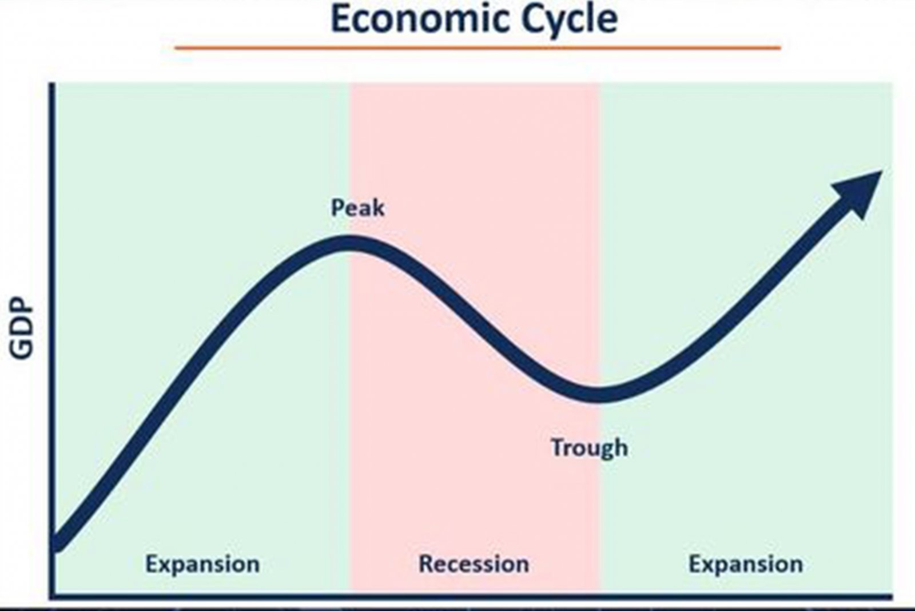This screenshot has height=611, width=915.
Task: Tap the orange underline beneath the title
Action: click(x=478, y=48)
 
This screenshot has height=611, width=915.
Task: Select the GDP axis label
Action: click(x=21, y=329)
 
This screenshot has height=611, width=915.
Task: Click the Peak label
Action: click(x=357, y=208)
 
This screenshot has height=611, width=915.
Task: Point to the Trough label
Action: click(x=589, y=448)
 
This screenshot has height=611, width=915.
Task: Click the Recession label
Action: click(x=474, y=564)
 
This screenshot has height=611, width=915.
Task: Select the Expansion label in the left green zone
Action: click(x=202, y=565)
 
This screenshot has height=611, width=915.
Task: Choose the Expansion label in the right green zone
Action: click(x=746, y=565)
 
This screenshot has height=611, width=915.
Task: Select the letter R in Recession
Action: click(x=426, y=564)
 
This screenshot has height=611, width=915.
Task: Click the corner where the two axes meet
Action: click(x=52, y=597)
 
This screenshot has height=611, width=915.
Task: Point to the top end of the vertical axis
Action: click(x=52, y=84)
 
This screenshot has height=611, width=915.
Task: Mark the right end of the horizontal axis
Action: click(x=892, y=597)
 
